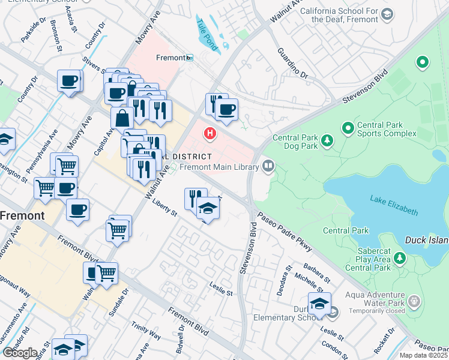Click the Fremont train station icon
click(x=190, y=58)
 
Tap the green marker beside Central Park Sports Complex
click(x=348, y=128)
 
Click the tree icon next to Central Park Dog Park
click(x=327, y=141)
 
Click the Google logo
click(x=20, y=353)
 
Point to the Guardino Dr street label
click(x=292, y=65)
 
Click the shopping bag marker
click(x=122, y=118)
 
